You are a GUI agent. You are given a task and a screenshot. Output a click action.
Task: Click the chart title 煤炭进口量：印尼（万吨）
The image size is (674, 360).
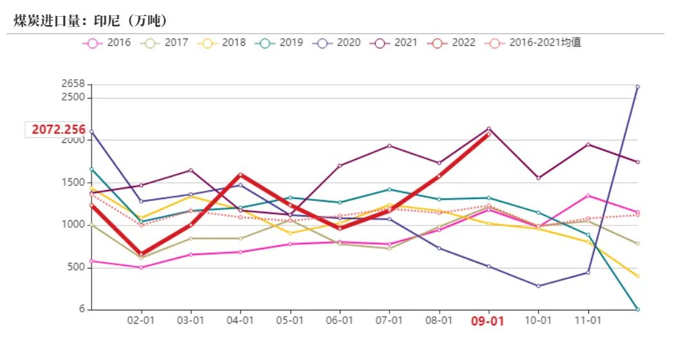point(91,21)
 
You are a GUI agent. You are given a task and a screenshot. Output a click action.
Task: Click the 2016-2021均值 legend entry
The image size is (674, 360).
point(534,43)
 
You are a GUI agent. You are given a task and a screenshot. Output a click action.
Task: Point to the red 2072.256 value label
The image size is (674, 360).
point(59,129)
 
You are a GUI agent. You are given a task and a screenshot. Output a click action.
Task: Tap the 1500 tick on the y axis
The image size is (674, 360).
point(74,183)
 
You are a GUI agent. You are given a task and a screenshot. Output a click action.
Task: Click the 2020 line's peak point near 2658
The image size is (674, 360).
point(637,86)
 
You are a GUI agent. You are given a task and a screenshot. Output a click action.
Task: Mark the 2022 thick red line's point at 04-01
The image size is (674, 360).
point(240,175)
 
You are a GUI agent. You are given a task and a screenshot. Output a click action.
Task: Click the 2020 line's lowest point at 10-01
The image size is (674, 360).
point(538,286)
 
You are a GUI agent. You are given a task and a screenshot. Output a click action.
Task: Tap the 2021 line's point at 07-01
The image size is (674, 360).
point(389,146)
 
